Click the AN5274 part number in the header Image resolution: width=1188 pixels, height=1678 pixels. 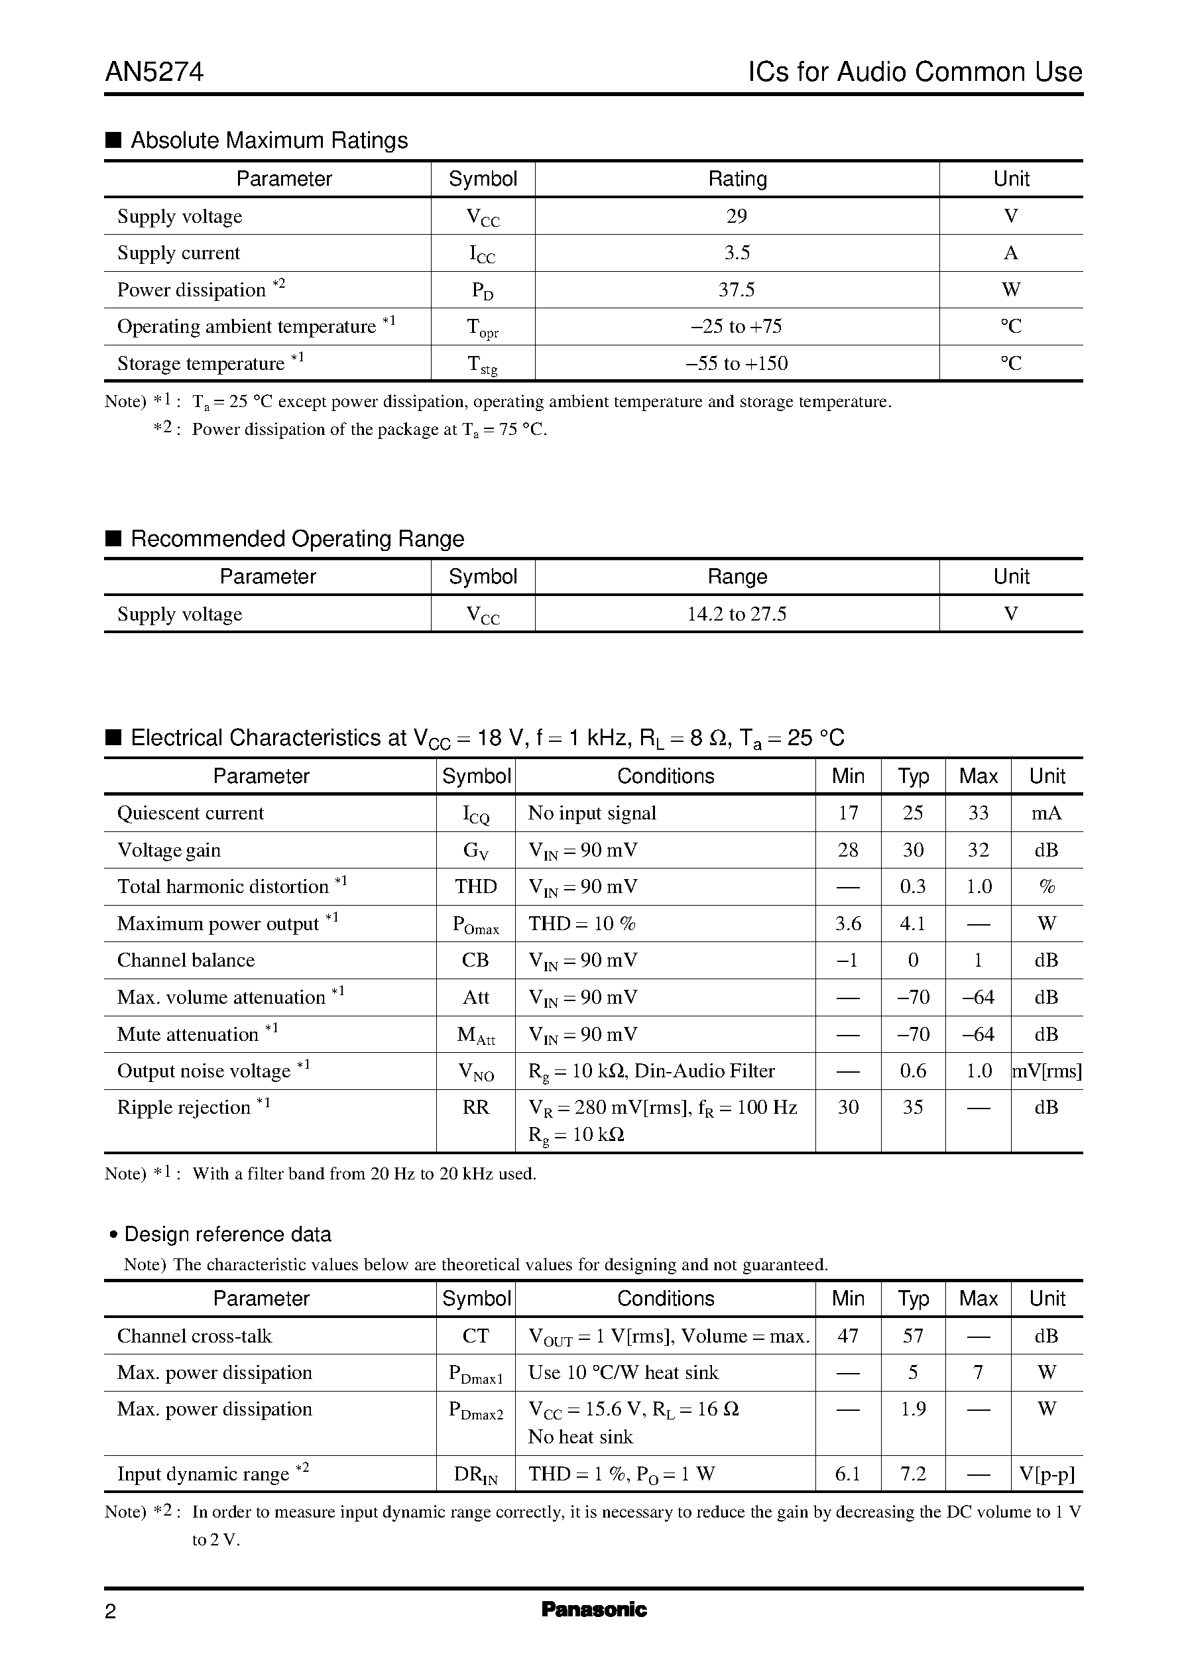[154, 72]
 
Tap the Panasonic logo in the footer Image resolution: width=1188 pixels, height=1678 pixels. [594, 1609]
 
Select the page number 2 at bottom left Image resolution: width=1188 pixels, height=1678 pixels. [111, 1612]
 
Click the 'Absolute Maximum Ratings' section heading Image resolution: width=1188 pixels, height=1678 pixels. [268, 140]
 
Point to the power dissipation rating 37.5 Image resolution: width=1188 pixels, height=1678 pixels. [737, 290]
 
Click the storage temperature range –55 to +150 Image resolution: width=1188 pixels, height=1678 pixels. [737, 363]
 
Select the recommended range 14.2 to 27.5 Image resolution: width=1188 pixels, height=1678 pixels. [737, 614]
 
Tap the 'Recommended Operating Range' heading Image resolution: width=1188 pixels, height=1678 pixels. [297, 538]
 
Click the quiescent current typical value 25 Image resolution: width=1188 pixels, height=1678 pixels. [913, 813]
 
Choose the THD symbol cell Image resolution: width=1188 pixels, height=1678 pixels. [475, 886]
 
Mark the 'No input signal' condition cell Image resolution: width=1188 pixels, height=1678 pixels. [593, 813]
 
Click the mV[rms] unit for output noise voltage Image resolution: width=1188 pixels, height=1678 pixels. [1047, 1071]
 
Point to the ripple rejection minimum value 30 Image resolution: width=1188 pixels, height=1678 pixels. [848, 1107]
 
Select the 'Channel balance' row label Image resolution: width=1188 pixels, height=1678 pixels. [186, 961]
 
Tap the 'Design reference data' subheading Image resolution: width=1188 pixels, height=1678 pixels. [227, 1234]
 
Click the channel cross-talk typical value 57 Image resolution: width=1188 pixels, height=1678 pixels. [913, 1336]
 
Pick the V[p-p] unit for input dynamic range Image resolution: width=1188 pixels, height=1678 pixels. [1047, 1474]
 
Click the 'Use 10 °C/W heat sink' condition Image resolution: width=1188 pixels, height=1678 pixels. [623, 1372]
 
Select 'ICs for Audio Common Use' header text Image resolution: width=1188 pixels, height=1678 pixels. [914, 72]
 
